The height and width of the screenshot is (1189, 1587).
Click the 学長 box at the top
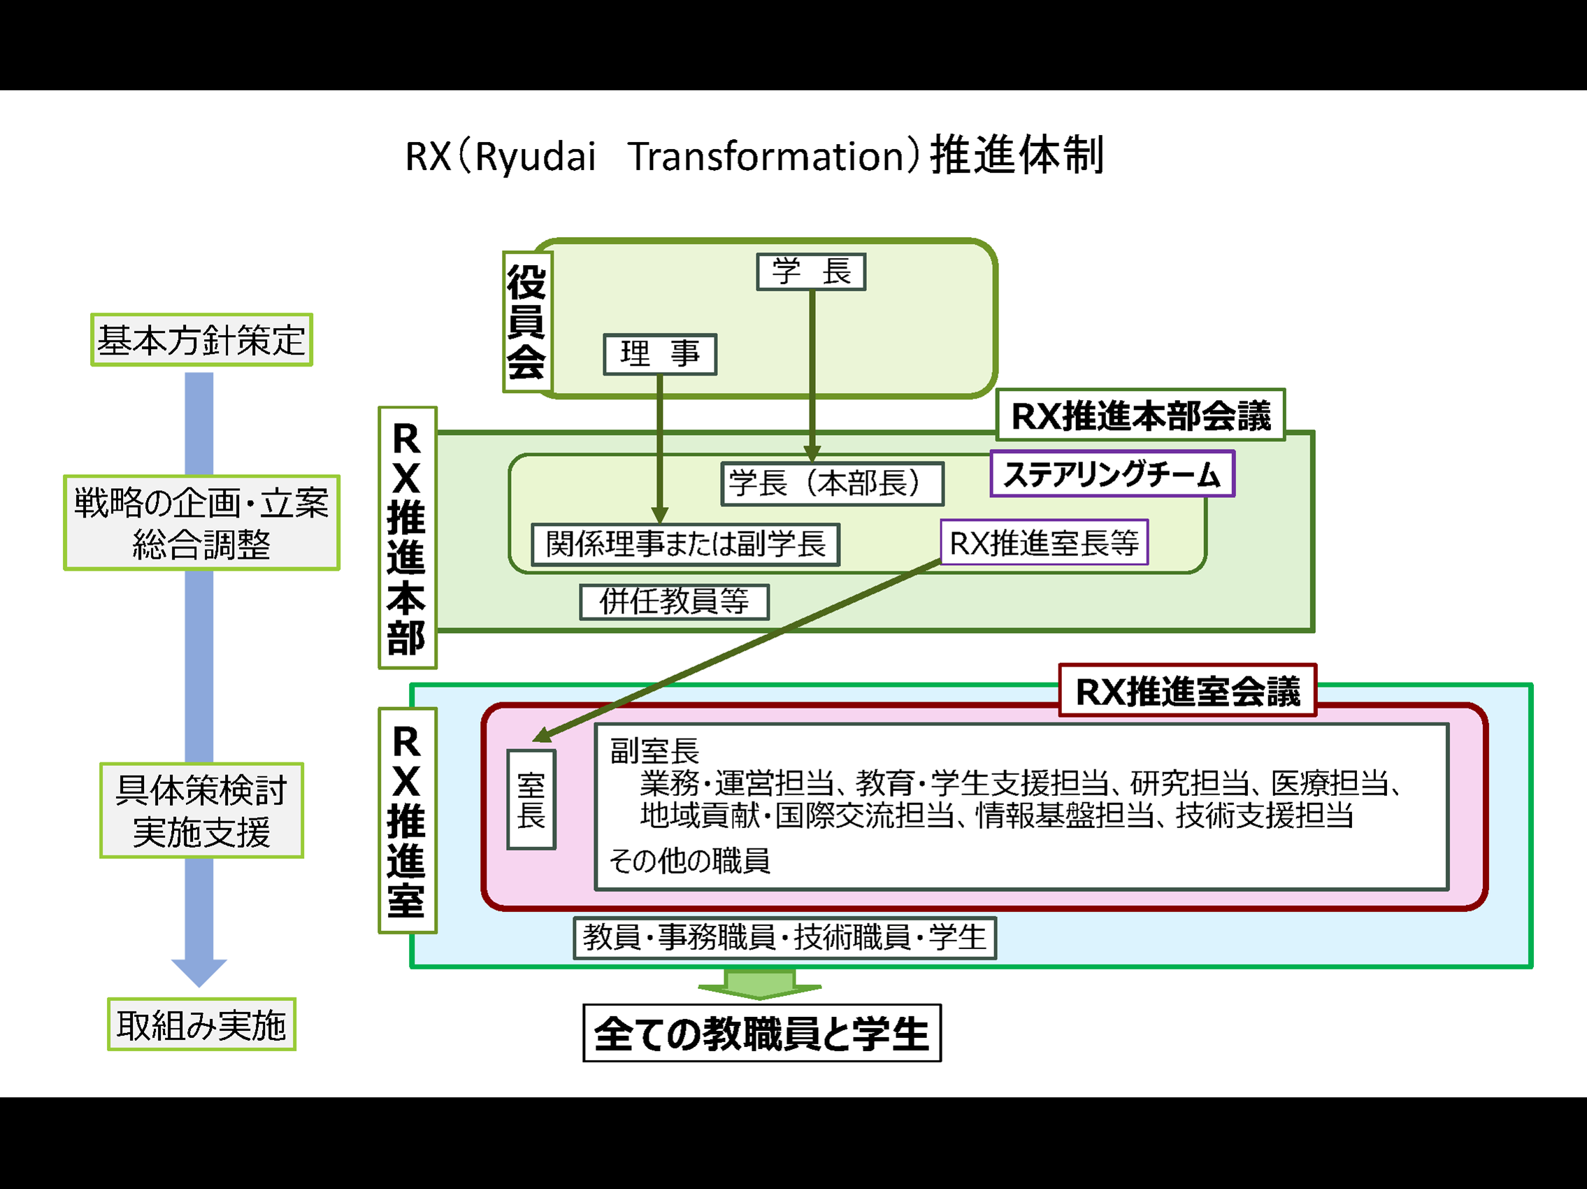(811, 272)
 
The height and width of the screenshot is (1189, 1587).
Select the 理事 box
(659, 355)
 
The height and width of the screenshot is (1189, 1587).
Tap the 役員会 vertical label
(526, 322)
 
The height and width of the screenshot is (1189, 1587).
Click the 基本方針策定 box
(201, 339)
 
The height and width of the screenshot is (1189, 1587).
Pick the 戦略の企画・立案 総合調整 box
(201, 522)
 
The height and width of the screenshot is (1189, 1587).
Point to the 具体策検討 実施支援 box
(201, 810)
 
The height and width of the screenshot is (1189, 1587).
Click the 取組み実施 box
(201, 1024)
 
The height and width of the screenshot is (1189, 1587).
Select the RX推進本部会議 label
(1140, 415)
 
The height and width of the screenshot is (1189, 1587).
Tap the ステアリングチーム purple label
(1112, 474)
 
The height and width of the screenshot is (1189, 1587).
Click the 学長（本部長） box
(831, 483)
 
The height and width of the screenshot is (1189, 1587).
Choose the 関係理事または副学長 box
(685, 544)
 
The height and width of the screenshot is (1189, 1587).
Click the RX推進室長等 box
(1044, 543)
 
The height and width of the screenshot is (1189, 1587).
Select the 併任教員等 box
(674, 601)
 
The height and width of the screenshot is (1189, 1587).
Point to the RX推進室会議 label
(1187, 691)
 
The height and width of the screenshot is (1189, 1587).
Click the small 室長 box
(531, 799)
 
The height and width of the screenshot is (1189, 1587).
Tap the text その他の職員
(689, 860)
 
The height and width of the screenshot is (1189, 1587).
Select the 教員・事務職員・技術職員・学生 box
(784, 937)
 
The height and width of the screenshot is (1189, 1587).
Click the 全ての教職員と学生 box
(761, 1033)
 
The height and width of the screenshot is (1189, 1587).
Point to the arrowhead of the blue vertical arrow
(199, 971)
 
